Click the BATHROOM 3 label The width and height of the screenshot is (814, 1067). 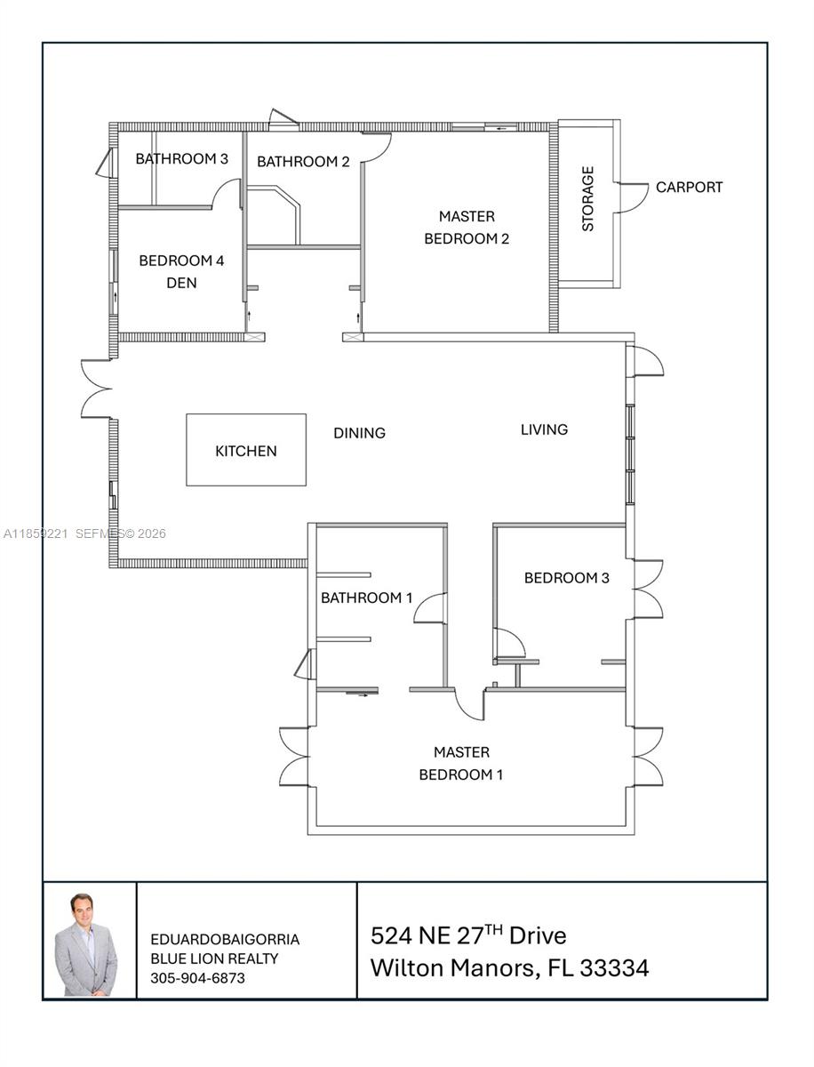pyautogui.click(x=181, y=159)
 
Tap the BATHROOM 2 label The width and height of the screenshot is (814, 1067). pyautogui.click(x=303, y=162)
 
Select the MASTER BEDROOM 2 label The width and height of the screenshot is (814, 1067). pyautogui.click(x=467, y=228)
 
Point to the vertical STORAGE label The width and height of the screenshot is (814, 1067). pyautogui.click(x=587, y=199)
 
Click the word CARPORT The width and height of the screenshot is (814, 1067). pyautogui.click(x=689, y=188)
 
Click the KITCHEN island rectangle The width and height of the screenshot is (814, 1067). pyautogui.click(x=245, y=450)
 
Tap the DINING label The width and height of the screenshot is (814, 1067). pyautogui.click(x=359, y=433)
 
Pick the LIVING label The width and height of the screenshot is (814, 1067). pyautogui.click(x=544, y=429)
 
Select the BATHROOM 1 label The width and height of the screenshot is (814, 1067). pyautogui.click(x=366, y=598)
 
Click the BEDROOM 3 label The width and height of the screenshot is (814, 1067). pyautogui.click(x=566, y=578)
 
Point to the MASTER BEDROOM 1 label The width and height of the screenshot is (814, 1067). pyautogui.click(x=461, y=764)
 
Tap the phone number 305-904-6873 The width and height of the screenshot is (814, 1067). pyautogui.click(x=197, y=978)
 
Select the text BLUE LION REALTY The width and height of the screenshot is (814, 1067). pyautogui.click(x=214, y=959)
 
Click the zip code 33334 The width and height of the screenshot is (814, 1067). pyautogui.click(x=614, y=967)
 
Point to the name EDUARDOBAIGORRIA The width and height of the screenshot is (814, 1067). pyautogui.click(x=225, y=939)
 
